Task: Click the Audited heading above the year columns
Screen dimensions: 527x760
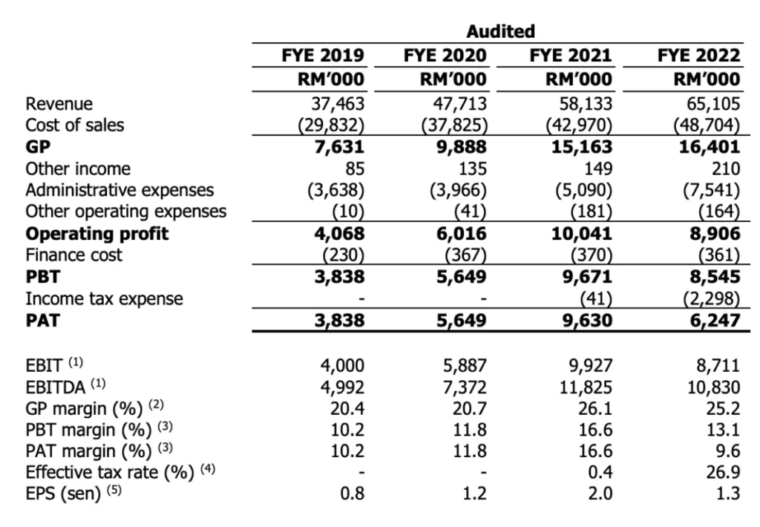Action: [x=501, y=31]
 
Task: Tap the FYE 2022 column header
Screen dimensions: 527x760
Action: [x=698, y=56]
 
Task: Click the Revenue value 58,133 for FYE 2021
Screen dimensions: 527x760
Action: [x=583, y=103]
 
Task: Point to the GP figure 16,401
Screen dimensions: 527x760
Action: [x=710, y=146]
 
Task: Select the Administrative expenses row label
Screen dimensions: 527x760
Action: [x=119, y=190]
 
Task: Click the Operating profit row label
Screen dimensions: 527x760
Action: [x=97, y=234]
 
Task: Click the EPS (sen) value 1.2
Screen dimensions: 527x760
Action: [x=475, y=494]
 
